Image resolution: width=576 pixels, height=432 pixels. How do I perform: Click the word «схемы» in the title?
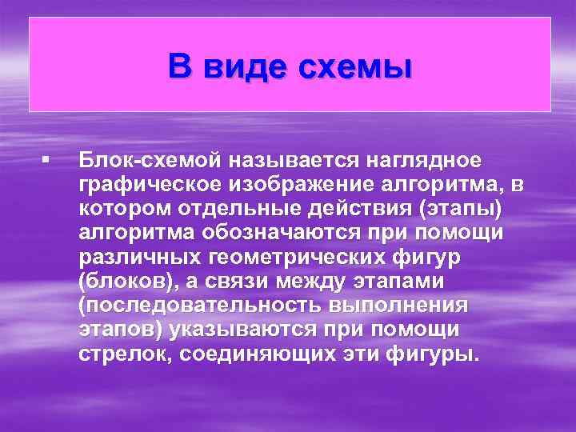355,66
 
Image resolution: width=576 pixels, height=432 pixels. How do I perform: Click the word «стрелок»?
124,354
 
